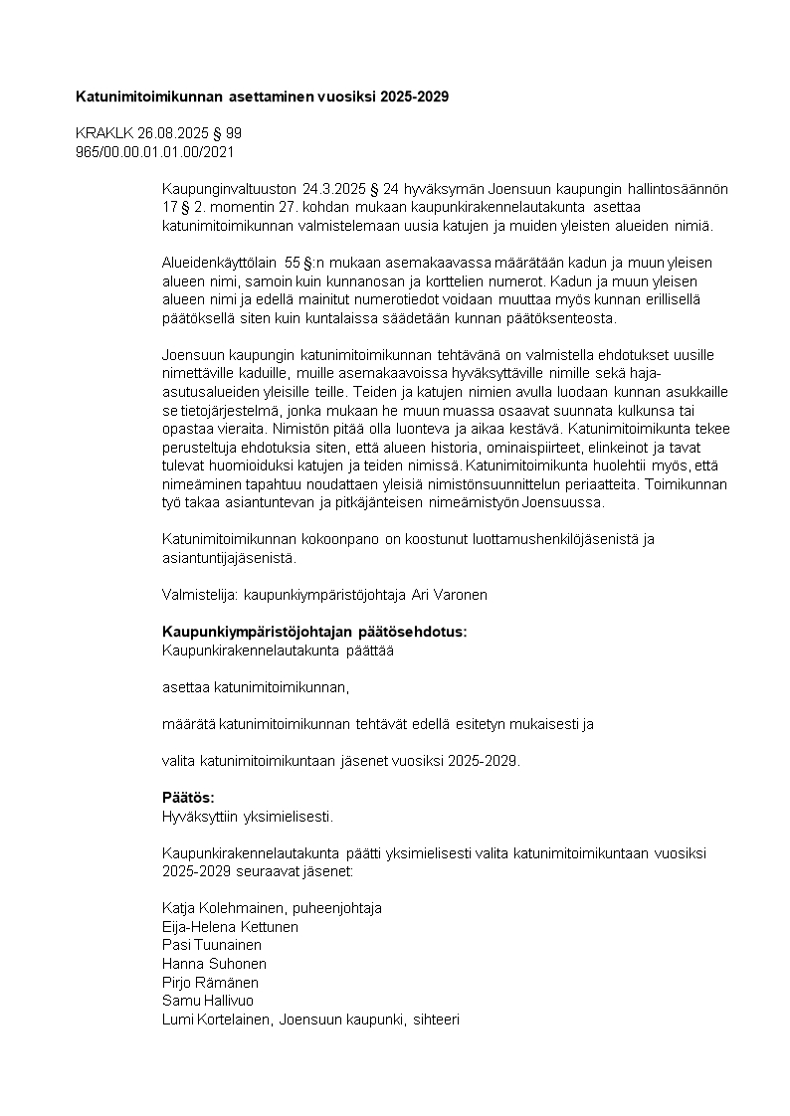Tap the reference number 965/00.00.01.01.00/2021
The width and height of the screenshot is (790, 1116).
pyautogui.click(x=155, y=151)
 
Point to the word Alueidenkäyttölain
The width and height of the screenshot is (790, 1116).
pyautogui.click(x=221, y=263)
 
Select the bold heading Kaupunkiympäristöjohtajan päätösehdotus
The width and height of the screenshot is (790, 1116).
pyautogui.click(x=313, y=632)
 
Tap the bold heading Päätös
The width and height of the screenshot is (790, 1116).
pyautogui.click(x=188, y=798)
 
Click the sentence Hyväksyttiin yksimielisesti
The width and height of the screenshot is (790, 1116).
pyautogui.click(x=247, y=817)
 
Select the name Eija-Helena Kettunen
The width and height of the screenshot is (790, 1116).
pyautogui.click(x=230, y=927)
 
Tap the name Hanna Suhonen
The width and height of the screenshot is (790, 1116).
pyautogui.click(x=214, y=964)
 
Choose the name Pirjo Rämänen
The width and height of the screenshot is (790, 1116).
pyautogui.click(x=211, y=982)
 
